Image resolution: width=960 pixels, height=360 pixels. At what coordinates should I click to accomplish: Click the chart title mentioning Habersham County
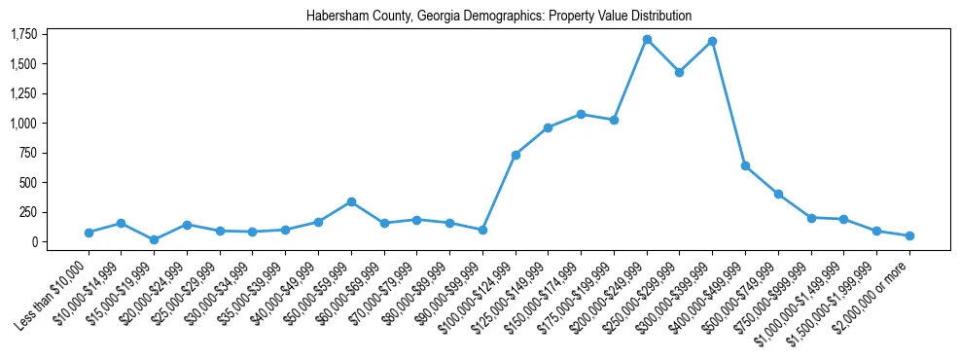tap(498, 16)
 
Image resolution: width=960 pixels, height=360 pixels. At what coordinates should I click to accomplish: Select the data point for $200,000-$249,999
tap(647, 39)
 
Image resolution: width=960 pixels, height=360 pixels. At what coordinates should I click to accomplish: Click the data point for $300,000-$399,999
tap(712, 41)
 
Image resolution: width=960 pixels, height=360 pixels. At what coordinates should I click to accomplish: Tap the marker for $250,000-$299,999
tap(679, 72)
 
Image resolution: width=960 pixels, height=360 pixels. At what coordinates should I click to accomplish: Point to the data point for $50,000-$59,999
tap(351, 201)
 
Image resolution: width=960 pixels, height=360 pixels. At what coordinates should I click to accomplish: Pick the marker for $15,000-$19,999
tap(154, 239)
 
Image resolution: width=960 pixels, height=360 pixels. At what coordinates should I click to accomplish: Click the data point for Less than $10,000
tap(89, 233)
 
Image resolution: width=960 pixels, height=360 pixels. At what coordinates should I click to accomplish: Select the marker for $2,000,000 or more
tap(909, 235)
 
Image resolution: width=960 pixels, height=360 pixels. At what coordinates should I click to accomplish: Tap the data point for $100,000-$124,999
tap(516, 155)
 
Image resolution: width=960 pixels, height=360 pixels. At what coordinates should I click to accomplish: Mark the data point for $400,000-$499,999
tap(745, 165)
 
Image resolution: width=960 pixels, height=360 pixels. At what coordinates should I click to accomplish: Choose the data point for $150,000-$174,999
tap(581, 114)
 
